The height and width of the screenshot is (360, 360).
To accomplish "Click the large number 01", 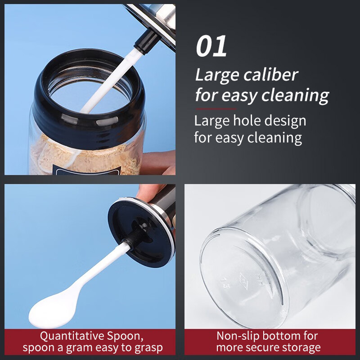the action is click(x=211, y=46).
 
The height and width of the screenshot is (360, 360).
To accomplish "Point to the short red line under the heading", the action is click(x=216, y=109).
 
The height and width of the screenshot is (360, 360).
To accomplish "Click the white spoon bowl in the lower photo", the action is click(x=52, y=310).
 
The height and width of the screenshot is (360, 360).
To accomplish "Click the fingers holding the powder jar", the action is click(x=158, y=162).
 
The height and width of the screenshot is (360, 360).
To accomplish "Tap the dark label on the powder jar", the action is click(x=88, y=172).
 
